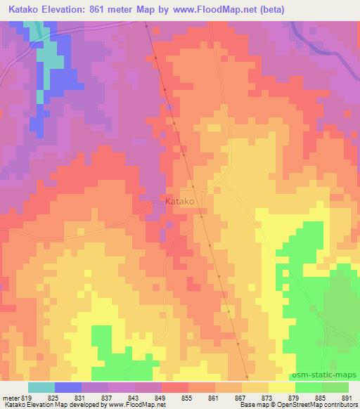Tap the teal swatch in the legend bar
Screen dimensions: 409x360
[41, 387]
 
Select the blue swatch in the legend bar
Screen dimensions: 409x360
[68, 387]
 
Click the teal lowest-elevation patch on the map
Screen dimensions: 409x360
[48, 60]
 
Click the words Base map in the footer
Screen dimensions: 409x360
[252, 405]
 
